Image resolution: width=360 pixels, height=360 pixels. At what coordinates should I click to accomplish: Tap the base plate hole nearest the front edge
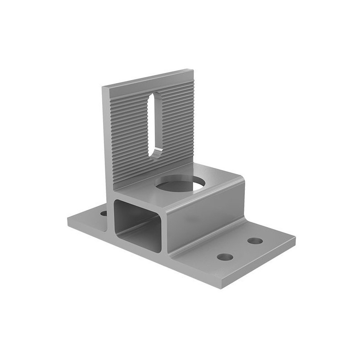225,257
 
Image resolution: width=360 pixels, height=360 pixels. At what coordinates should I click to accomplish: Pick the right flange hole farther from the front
255,241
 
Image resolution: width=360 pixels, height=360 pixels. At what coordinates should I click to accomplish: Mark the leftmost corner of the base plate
67,220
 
